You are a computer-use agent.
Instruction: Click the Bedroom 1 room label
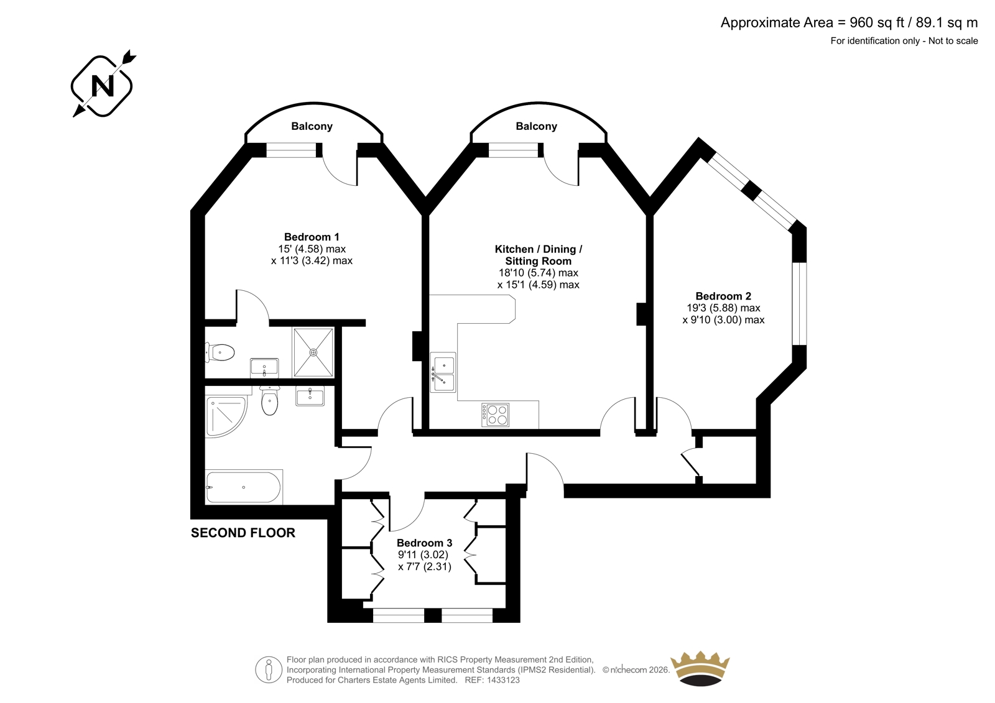312,237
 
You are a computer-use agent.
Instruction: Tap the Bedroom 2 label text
723,296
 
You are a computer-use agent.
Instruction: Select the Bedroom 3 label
424,543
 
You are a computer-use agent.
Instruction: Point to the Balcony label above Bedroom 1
312,126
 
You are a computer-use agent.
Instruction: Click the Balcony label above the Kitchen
536,126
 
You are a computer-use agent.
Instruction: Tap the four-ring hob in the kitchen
495,415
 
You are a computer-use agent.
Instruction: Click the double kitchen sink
443,372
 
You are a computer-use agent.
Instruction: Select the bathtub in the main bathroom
243,487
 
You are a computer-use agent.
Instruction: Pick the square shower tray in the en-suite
313,352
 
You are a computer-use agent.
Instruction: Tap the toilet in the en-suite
220,353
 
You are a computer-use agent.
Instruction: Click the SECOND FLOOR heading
243,533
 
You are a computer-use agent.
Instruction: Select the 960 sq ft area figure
877,22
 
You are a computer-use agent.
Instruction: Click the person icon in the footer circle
268,669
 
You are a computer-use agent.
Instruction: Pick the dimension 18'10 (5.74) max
539,273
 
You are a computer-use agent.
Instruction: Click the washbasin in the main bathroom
310,396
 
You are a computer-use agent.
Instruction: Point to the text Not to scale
952,41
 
